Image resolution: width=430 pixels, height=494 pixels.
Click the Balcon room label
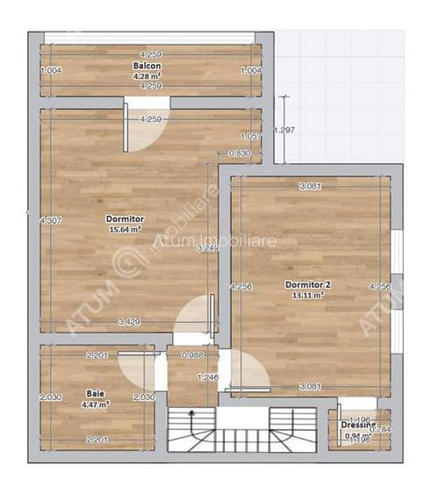pyautogui.click(x=146, y=66)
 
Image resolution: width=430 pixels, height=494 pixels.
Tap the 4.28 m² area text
pyautogui.click(x=146, y=76)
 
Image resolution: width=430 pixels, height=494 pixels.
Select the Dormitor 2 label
pyautogui.click(x=307, y=285)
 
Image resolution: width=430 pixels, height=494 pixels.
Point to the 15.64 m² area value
pyautogui.click(x=125, y=230)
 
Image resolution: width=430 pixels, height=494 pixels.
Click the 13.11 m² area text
pyautogui.click(x=307, y=296)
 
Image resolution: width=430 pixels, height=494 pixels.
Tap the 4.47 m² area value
pyautogui.click(x=96, y=405)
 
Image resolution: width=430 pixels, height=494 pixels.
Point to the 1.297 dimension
pyautogui.click(x=284, y=131)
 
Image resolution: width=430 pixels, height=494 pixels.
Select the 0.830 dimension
pyautogui.click(x=240, y=154)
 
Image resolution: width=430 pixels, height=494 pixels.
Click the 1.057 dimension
pyautogui.click(x=251, y=136)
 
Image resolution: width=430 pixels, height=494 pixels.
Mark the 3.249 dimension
pyautogui.click(x=207, y=249)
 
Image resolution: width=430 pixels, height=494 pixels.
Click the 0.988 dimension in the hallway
pyautogui.click(x=192, y=355)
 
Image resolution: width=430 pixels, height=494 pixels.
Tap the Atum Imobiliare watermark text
pyautogui.click(x=203, y=241)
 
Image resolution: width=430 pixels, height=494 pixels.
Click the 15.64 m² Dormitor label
pyautogui.click(x=125, y=219)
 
